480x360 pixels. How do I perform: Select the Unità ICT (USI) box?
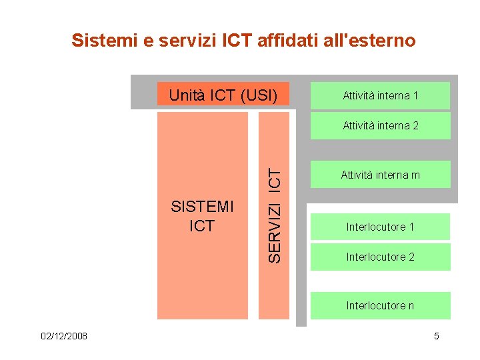coord(223,95)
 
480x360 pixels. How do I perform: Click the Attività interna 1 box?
coord(380,95)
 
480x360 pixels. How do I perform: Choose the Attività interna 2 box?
coord(380,125)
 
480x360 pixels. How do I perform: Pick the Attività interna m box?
coord(380,175)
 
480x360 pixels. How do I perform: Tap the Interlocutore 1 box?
coord(380,227)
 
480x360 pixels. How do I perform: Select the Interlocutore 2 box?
coord(380,257)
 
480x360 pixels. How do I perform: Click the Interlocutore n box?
coord(380,305)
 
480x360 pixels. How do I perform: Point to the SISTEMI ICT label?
coord(202,216)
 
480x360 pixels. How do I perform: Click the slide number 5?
coord(437,336)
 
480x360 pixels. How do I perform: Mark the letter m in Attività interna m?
coord(416,176)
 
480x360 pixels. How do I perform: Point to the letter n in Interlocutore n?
coord(411,306)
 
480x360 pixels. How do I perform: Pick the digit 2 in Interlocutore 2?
coord(411,257)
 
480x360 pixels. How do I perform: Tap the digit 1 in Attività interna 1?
coord(415,95)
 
